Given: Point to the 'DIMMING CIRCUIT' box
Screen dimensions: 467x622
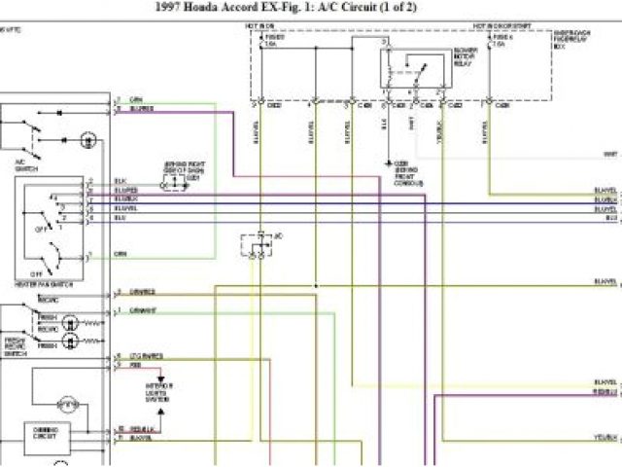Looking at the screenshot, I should pos(46,431).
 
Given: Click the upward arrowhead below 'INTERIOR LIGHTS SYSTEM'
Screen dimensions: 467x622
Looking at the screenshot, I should pos(161,376).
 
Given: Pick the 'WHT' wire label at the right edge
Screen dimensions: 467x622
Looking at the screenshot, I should pos(610,154).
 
